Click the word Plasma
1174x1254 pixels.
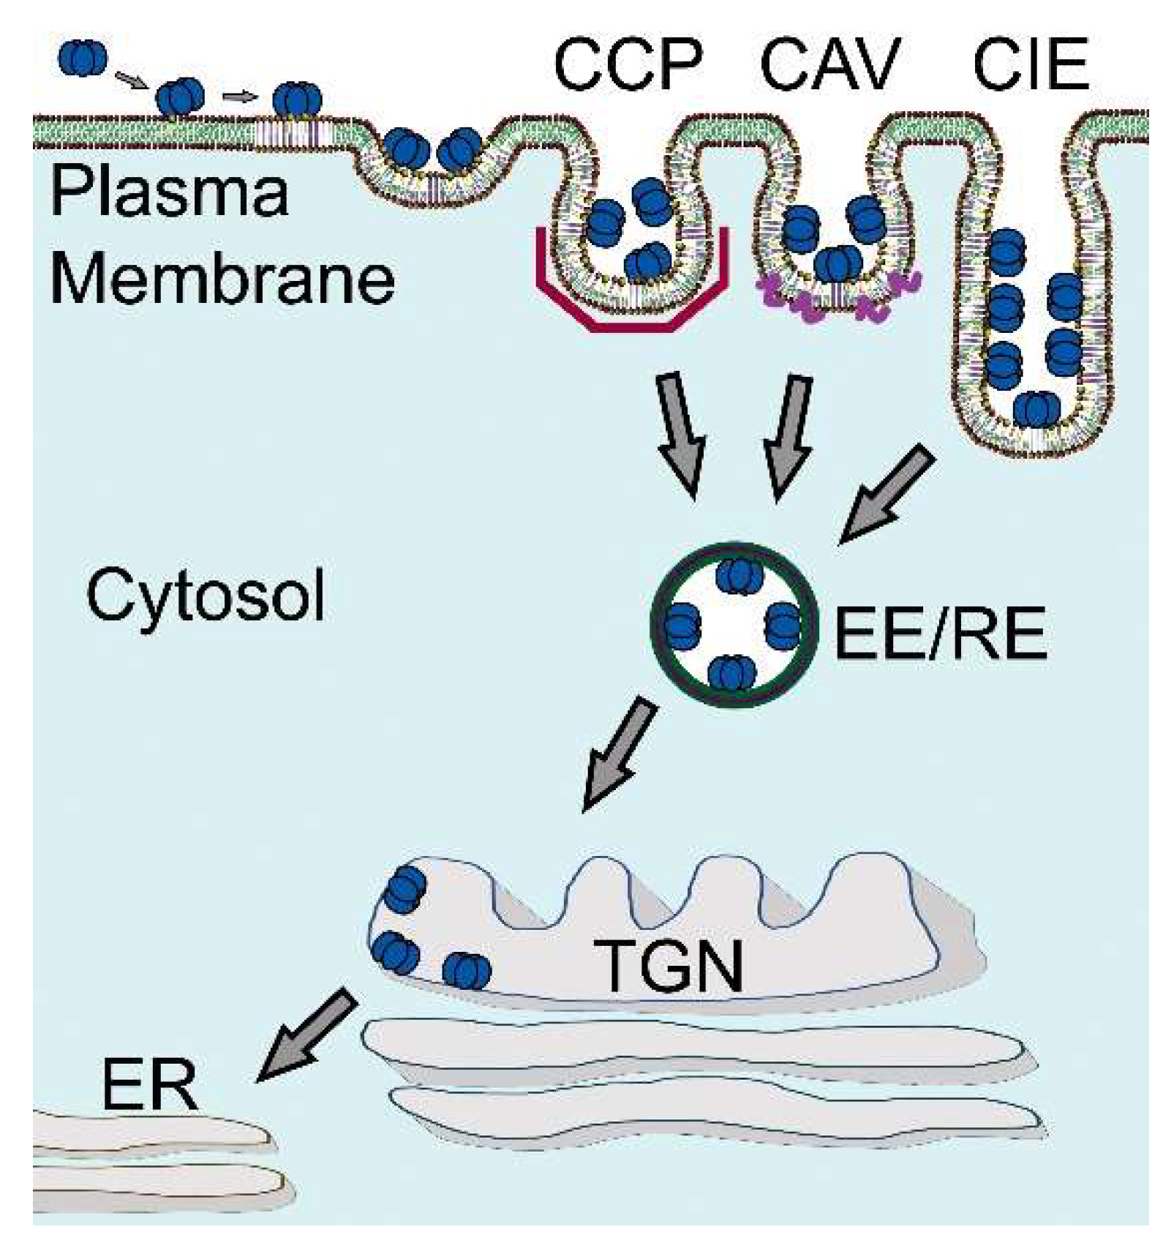[x=169, y=192]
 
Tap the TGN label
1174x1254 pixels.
[x=668, y=966]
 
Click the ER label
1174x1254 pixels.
[x=149, y=1086]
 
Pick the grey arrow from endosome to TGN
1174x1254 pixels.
[x=619, y=754]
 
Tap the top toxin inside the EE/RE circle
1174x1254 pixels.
[x=739, y=575]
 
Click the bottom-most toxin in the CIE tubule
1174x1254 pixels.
[x=1036, y=410]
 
